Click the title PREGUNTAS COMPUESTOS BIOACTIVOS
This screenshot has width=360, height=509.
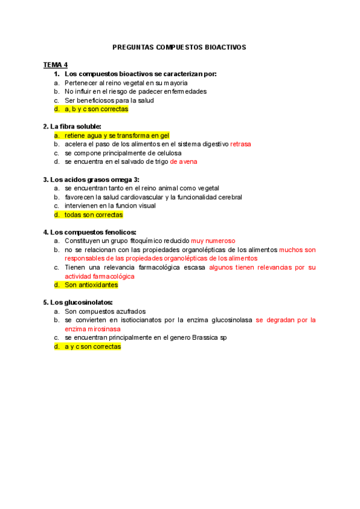tap(179, 47)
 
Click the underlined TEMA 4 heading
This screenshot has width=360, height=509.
tap(55, 65)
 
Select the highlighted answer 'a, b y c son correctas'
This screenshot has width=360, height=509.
tap(96, 109)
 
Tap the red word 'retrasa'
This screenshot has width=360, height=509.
tap(241, 145)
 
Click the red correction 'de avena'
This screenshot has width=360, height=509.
tap(184, 162)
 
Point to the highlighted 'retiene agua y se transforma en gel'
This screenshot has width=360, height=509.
tap(117, 136)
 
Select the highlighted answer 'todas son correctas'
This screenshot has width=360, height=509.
tap(94, 215)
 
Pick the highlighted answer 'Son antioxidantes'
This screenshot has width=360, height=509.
tap(91, 285)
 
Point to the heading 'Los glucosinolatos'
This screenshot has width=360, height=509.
tap(81, 303)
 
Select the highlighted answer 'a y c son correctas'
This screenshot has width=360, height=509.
tap(92, 347)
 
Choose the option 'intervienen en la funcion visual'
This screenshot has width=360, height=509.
tap(110, 206)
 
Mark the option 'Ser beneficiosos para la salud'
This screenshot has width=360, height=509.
tap(109, 100)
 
